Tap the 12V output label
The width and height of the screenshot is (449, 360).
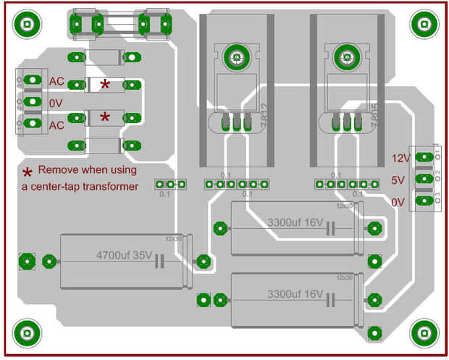[401, 157]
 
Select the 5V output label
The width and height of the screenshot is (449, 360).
[398, 180]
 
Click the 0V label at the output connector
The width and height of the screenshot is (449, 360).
[398, 202]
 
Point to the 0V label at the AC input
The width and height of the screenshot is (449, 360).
[56, 103]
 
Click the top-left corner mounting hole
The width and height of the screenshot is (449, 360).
[27, 24]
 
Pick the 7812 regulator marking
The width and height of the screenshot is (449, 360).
[263, 116]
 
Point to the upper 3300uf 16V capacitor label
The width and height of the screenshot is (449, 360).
[295, 222]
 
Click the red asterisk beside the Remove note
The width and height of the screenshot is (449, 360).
[28, 172]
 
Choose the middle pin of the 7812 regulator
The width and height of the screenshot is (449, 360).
[236, 122]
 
